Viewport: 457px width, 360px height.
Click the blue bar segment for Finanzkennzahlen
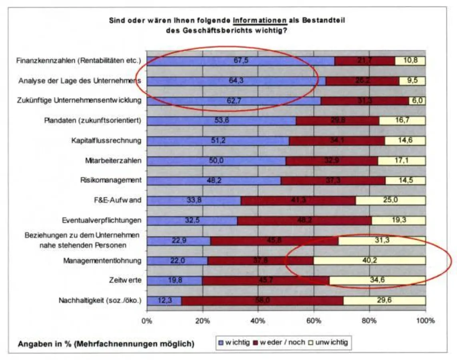click(x=240, y=61)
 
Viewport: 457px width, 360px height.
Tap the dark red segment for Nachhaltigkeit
click(x=262, y=301)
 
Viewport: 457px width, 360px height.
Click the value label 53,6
click(x=221, y=121)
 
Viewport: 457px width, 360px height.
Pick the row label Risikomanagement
click(x=111, y=180)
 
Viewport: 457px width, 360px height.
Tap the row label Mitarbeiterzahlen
click(x=113, y=160)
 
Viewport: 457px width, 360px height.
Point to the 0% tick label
click(x=147, y=321)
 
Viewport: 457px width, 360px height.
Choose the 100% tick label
click(x=425, y=321)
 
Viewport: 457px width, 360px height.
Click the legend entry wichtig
click(x=234, y=342)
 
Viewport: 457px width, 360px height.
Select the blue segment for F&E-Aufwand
click(x=194, y=201)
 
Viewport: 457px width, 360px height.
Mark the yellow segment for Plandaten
click(x=402, y=121)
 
